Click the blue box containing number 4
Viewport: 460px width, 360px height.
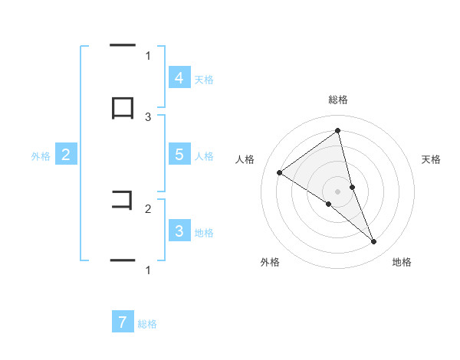[x=179, y=77]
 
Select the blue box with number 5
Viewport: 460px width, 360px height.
[x=179, y=154]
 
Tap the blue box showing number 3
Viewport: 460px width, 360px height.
[x=179, y=231]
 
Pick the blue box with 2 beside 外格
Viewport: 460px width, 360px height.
[x=66, y=155]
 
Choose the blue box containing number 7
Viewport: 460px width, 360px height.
[x=123, y=322]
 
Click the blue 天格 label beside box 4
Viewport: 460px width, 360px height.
[x=204, y=79]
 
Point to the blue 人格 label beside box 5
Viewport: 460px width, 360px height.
[x=204, y=155]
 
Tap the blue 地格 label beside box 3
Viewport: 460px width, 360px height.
[x=204, y=232]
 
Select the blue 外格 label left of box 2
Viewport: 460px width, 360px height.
[x=41, y=155]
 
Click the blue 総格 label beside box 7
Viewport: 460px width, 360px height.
[x=147, y=324]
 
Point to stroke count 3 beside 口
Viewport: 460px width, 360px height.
[x=148, y=116]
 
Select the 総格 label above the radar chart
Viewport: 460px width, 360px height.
[x=338, y=100]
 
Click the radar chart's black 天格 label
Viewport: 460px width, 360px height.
[x=431, y=159]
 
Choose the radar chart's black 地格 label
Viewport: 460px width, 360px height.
[x=402, y=262]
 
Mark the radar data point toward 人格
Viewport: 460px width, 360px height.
[x=279, y=172]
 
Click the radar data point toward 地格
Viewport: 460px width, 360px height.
[x=373, y=242]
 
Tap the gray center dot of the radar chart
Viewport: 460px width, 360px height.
[x=337, y=191]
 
